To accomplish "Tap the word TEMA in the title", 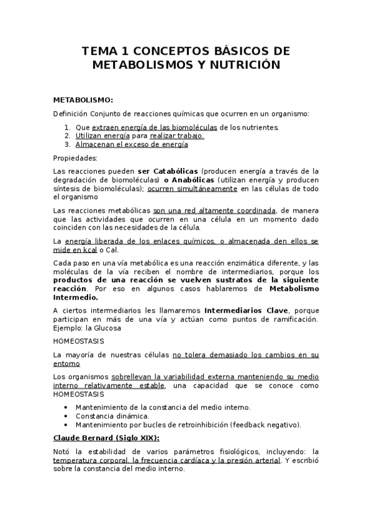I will pyautogui.click(x=101, y=51).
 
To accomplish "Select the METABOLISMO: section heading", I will pyautogui.click(x=83, y=99).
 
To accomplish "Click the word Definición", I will pyautogui.click(x=70, y=114).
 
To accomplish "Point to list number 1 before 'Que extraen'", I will pyautogui.click(x=67, y=127).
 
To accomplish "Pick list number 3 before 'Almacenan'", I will pyautogui.click(x=67, y=145).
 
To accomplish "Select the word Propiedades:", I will pyautogui.click(x=76, y=158).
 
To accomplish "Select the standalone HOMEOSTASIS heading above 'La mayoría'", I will pyautogui.click(x=79, y=341).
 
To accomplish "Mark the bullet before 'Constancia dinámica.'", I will pyautogui.click(x=66, y=416).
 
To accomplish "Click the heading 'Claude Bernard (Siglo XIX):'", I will pyautogui.click(x=102, y=438).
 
